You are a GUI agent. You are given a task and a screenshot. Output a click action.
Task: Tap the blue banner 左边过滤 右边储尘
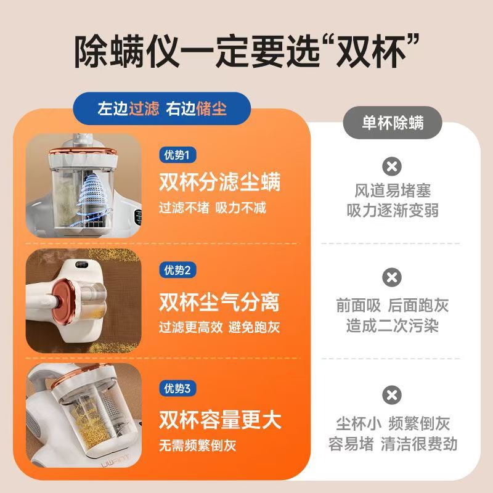coord(162,108)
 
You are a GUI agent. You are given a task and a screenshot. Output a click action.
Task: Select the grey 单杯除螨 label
coord(393,123)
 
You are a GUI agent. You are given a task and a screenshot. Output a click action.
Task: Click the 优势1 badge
coord(177,155)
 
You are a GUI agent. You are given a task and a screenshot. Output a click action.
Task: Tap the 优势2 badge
coord(177,270)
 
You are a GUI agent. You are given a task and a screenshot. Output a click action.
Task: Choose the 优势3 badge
coord(177,388)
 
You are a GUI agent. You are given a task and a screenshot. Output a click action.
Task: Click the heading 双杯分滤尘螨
coord(219,182)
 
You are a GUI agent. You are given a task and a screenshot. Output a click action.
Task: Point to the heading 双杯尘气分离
coord(219,302)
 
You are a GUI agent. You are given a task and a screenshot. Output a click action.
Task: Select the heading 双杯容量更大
coord(219,420)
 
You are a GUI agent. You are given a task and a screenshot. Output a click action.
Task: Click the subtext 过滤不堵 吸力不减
coord(213,208)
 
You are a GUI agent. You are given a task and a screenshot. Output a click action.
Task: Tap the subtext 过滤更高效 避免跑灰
coord(219,327)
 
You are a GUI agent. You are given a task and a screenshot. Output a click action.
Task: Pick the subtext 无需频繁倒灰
coord(197,445)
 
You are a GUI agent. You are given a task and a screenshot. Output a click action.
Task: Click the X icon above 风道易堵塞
coord(392,166)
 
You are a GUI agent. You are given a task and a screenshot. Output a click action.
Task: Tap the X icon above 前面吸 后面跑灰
coord(392,277)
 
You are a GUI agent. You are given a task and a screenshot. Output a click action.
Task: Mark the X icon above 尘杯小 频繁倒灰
coord(392,395)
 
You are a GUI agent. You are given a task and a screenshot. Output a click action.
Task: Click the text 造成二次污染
coord(393,325)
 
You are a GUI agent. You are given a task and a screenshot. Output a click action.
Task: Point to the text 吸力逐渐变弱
coord(393,210)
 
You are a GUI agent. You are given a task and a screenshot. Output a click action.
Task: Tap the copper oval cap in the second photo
coord(64,299)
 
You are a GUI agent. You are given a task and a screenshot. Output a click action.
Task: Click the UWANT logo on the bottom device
coord(115,462)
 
